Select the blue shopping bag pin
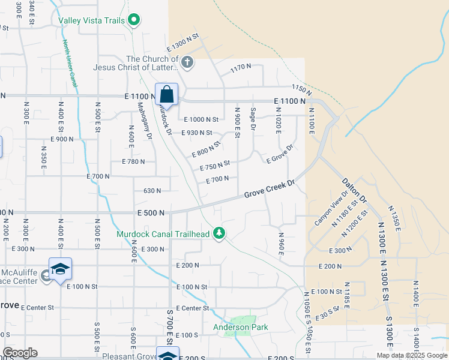[166, 95]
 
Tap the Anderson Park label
[241, 327]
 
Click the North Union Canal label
[70, 64]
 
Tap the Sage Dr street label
[253, 118]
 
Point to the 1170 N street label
[240, 69]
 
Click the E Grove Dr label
[279, 154]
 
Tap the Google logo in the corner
[19, 353]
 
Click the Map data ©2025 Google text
[411, 355]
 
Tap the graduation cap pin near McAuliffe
[60, 269]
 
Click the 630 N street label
[152, 191]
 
